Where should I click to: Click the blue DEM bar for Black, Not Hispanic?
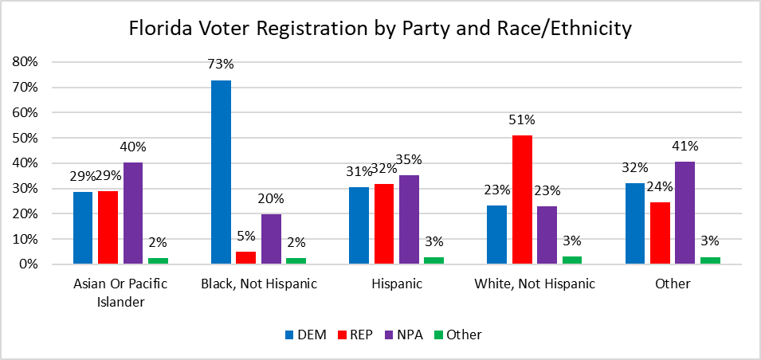(221, 172)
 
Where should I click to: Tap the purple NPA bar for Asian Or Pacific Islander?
(132, 213)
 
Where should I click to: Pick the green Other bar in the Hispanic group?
(433, 260)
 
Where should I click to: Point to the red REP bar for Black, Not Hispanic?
(245, 257)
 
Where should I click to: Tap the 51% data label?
(522, 120)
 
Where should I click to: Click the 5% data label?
(245, 237)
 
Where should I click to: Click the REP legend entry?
(359, 335)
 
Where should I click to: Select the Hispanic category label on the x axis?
(396, 284)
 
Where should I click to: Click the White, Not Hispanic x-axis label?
(534, 284)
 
